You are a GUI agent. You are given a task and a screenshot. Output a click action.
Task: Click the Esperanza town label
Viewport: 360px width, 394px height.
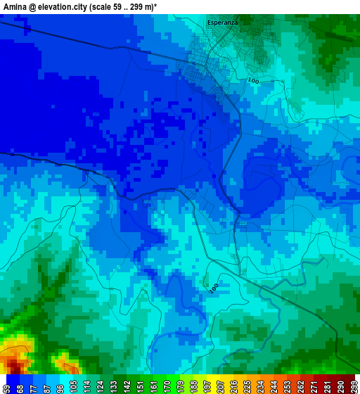coord(222,23)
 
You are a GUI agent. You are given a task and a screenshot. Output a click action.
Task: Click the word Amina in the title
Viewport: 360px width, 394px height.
coord(15,6)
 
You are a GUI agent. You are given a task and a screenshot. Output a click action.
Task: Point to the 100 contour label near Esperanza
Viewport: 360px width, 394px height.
coord(253,82)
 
